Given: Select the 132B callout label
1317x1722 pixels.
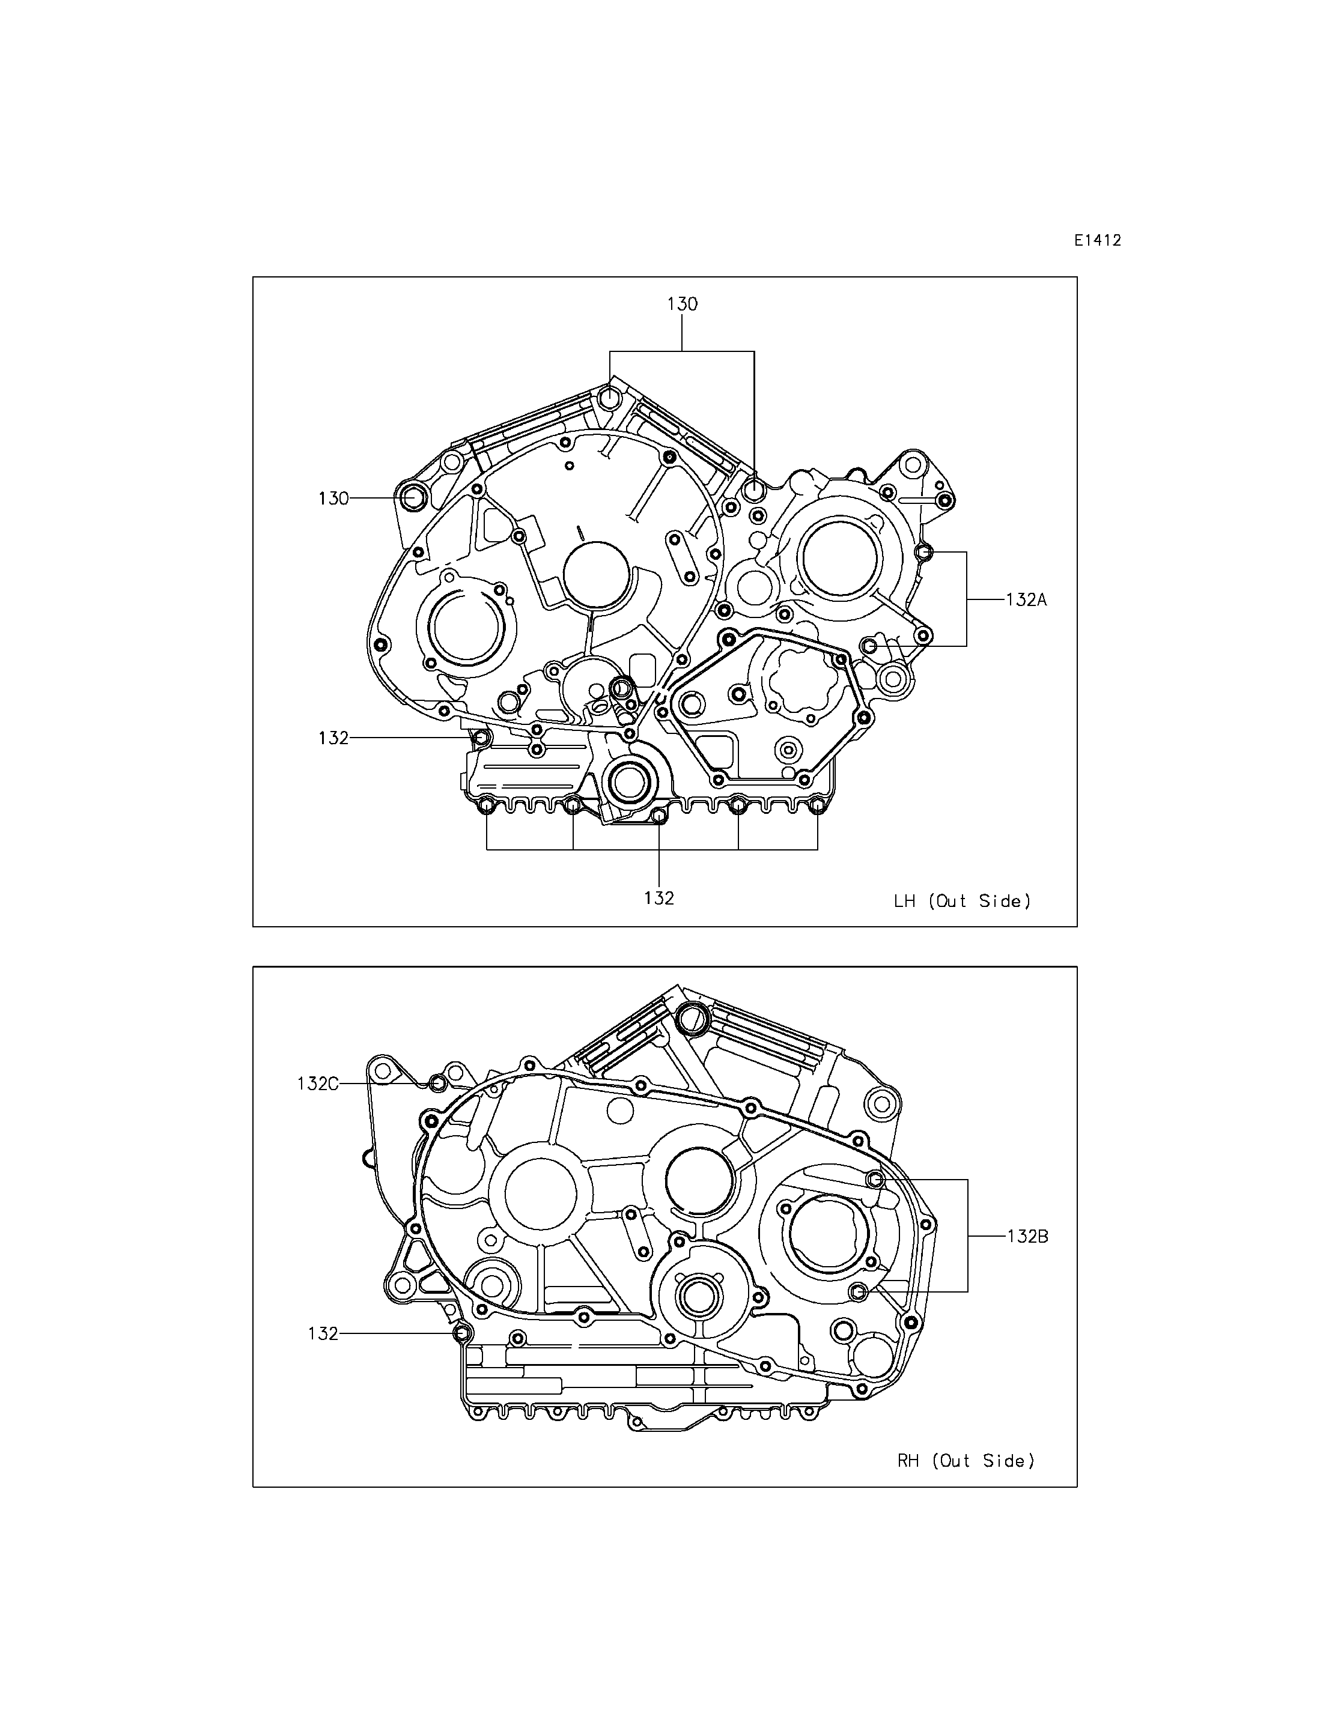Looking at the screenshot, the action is coord(1027,1236).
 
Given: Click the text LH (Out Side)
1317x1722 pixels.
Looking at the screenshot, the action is coord(963,902).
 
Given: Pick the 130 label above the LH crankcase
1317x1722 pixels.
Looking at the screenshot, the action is coord(682,304).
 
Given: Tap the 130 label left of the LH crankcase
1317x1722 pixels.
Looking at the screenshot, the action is coord(333,498).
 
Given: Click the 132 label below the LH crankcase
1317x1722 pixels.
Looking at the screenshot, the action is coord(659,898).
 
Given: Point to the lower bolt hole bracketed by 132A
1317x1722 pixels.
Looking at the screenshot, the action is coord(869,645).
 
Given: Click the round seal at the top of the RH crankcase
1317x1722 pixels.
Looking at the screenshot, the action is coord(692,1018).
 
